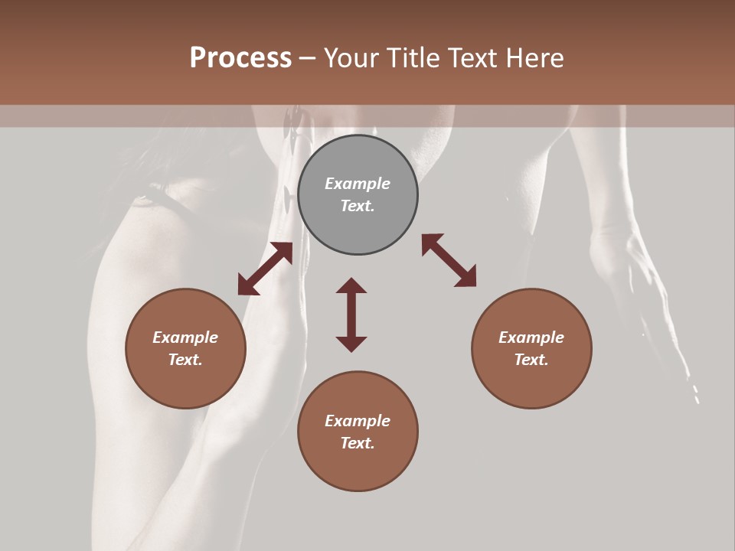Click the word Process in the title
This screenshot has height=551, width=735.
pos(240,58)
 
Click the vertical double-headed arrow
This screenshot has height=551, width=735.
pos(351,315)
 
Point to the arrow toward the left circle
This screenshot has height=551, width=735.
pos(265,269)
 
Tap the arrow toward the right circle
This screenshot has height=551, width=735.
pos(449,260)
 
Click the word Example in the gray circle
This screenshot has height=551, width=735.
pos(358,184)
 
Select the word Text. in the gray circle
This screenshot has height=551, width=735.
pos(358,206)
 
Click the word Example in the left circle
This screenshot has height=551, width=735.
pos(185,337)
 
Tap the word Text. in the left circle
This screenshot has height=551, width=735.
pos(185,360)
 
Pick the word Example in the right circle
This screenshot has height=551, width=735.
pos(531,337)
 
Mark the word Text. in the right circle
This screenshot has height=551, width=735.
pos(531,360)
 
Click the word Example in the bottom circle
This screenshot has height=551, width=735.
pos(358,421)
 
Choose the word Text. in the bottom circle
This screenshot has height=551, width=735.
pos(358,443)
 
